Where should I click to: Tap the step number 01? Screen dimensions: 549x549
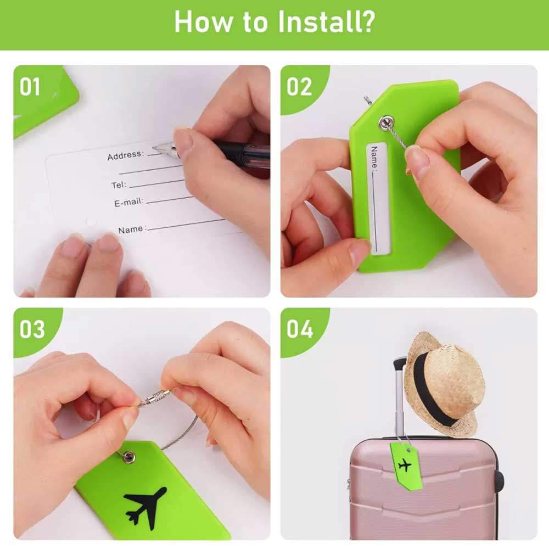30,87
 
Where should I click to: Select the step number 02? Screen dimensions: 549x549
299,87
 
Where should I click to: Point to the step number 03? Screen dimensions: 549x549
32,329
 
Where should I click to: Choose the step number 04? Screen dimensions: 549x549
300,329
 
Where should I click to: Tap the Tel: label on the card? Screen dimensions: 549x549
119,184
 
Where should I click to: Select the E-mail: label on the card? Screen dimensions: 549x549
129,203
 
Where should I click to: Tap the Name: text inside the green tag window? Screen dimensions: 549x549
374,158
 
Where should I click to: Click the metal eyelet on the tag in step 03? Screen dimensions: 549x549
129,456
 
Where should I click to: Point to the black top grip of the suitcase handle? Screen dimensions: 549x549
400,364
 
